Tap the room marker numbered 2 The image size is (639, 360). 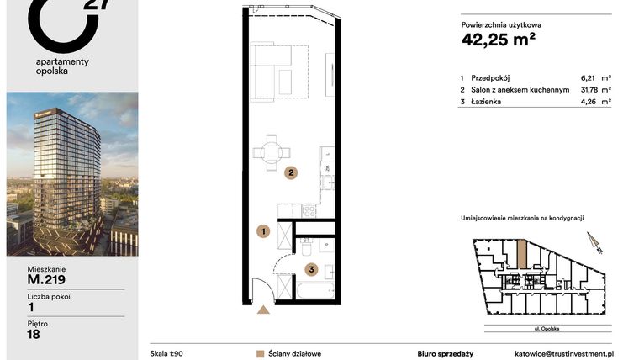290,174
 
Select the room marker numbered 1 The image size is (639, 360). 262,230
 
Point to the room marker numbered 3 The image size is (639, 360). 311,270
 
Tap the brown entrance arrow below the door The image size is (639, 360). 263,310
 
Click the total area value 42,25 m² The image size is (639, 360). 499,38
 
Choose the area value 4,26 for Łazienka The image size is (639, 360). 591,102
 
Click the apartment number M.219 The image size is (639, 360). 46,280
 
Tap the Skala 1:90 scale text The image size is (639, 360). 166,353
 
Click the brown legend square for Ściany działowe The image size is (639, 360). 261,353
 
